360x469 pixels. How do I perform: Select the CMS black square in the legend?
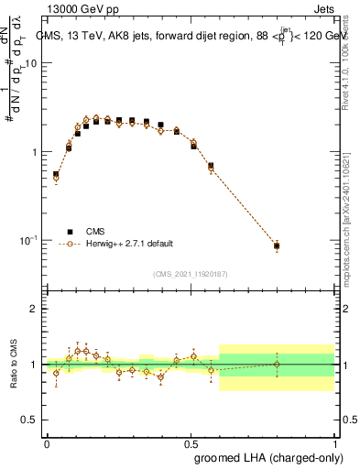[67, 232]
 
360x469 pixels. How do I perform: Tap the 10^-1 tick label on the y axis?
[27, 240]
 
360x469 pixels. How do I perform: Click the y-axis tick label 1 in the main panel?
[35, 152]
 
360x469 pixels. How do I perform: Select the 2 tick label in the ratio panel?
[35, 310]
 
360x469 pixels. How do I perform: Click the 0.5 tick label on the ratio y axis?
[29, 420]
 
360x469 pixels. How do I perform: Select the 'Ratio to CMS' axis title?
[14, 364]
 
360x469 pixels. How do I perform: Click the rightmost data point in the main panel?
[277, 245]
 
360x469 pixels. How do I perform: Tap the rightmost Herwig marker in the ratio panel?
[277, 365]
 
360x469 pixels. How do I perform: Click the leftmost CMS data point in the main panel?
[56, 174]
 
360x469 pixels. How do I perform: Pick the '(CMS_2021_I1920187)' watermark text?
[190, 273]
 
